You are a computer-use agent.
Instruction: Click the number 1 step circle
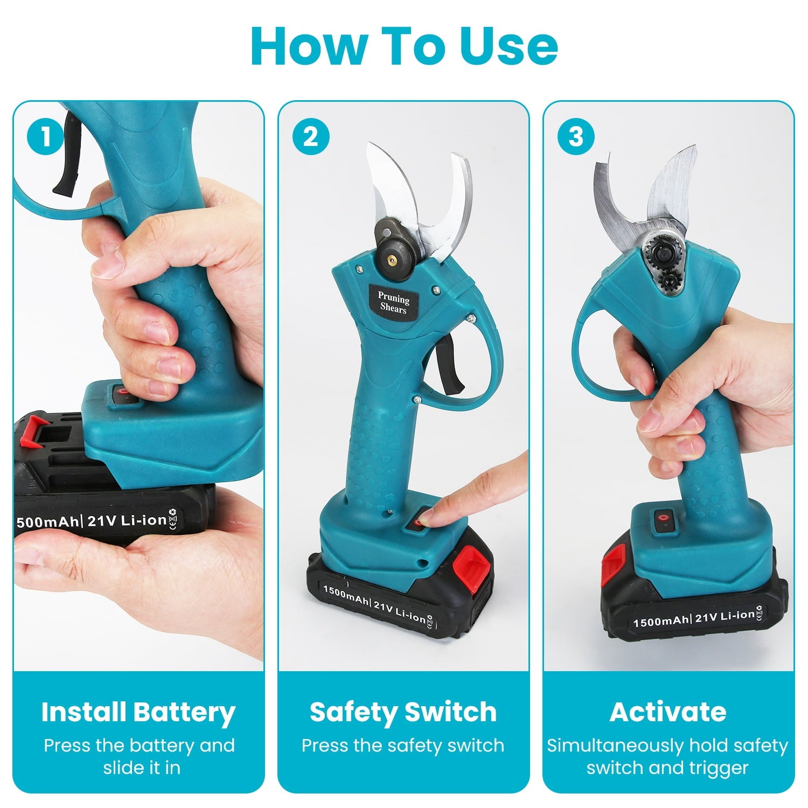(45, 136)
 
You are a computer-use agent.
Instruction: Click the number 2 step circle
(311, 136)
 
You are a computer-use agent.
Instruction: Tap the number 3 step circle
(576, 136)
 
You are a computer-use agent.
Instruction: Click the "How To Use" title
(404, 46)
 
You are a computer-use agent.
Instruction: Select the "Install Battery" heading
(138, 712)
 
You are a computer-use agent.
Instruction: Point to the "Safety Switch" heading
(403, 712)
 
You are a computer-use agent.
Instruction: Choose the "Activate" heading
(668, 712)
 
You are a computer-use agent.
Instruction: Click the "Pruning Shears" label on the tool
(393, 303)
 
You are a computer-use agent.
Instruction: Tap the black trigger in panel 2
(450, 366)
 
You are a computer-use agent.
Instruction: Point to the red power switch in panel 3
(664, 521)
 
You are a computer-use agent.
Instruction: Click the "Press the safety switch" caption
(403, 746)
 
